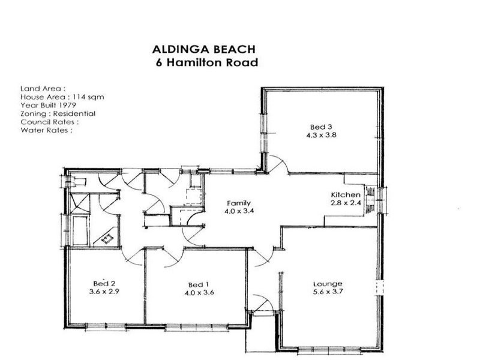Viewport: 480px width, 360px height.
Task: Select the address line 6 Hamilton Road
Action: click(x=206, y=63)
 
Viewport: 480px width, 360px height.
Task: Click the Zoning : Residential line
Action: click(x=58, y=113)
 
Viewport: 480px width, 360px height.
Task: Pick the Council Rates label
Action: click(x=49, y=121)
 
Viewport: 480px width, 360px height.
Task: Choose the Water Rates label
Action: click(x=46, y=130)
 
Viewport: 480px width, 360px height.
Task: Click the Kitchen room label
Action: click(x=346, y=194)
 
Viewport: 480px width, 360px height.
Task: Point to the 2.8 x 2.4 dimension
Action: click(x=346, y=203)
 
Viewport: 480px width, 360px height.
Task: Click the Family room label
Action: click(x=238, y=203)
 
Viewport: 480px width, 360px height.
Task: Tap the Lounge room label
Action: click(x=328, y=284)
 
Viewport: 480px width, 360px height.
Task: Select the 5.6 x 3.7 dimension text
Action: click(x=328, y=292)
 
